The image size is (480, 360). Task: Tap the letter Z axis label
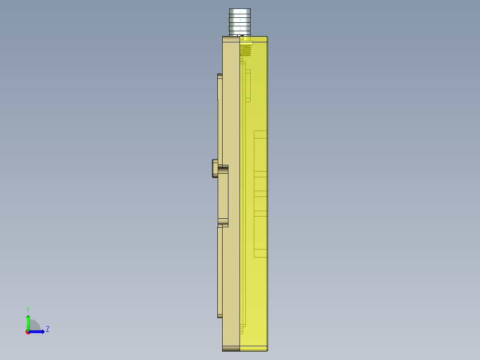[x=48, y=329]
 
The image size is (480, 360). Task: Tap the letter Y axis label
[x=28, y=309]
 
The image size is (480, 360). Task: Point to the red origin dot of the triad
[x=28, y=332]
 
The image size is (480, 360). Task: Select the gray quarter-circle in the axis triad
[x=35, y=325]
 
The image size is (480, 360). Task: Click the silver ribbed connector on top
[x=240, y=21]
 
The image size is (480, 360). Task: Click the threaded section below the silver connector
[x=245, y=50]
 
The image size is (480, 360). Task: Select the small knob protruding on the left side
[x=215, y=168]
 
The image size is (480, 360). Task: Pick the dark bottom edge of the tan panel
[x=231, y=348]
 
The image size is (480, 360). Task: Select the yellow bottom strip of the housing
[x=253, y=348]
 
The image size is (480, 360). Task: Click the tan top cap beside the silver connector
[x=231, y=39]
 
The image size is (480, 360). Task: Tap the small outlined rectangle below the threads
[x=248, y=85]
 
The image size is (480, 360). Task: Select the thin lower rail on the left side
[x=220, y=272]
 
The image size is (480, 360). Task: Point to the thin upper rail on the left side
[x=220, y=118]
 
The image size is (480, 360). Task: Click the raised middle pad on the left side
[x=223, y=196]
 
